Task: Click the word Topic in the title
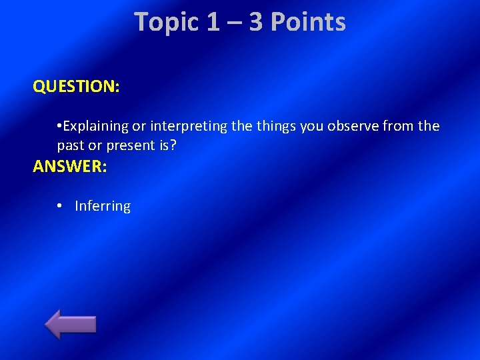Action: [167, 22]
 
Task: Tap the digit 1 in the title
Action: [213, 22]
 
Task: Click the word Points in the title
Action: [308, 22]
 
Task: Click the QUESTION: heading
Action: [76, 87]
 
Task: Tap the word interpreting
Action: [189, 127]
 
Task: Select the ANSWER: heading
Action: [69, 167]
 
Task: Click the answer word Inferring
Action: [103, 207]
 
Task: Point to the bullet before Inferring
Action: [60, 207]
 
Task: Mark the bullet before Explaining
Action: [60, 127]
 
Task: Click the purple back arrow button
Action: [71, 324]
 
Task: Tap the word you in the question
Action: [311, 127]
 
